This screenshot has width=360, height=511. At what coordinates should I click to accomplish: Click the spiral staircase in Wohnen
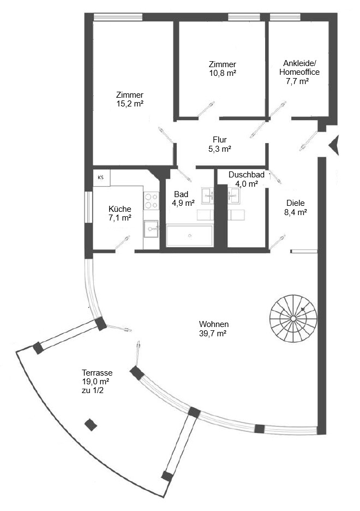click(x=293, y=318)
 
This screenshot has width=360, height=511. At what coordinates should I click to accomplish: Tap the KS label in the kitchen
click(x=100, y=177)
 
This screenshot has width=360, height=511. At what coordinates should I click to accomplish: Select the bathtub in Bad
click(x=189, y=235)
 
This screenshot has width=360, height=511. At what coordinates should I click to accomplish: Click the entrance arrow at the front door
click(x=334, y=145)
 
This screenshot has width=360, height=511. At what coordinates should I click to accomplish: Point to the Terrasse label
click(x=97, y=372)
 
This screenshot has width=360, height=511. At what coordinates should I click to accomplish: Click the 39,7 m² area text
click(x=213, y=334)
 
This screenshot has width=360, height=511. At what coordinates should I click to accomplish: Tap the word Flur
click(x=220, y=140)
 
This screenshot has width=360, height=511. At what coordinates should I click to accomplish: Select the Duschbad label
click(x=247, y=175)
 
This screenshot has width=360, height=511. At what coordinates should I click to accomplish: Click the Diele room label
click(x=296, y=203)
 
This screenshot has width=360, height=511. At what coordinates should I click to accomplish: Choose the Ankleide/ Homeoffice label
click(x=299, y=68)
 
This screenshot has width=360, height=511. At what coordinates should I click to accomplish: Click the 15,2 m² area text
click(x=130, y=104)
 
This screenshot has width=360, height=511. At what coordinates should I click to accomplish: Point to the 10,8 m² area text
click(x=223, y=73)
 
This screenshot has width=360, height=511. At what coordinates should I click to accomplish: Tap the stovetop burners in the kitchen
click(x=151, y=201)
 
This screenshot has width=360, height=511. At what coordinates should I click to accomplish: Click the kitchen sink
click(x=151, y=228)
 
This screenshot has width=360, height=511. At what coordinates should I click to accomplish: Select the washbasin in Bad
click(x=208, y=195)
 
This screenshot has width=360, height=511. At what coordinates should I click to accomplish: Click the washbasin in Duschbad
click(x=233, y=195)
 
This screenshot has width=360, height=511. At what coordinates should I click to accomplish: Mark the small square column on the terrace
click(x=91, y=425)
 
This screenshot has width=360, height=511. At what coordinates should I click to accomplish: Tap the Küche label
click(x=120, y=209)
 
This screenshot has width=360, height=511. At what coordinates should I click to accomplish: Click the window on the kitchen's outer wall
click(x=88, y=207)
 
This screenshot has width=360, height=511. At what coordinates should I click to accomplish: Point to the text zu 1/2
click(x=93, y=390)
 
